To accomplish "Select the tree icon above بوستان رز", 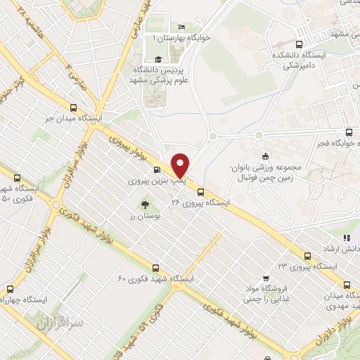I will tap(144, 205).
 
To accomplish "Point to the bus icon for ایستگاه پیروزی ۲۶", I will tap(201, 191).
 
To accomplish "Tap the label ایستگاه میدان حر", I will tap(74, 119).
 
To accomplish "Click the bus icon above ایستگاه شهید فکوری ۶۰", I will tap(155, 267).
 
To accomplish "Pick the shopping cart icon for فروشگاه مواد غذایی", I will tap(265, 278).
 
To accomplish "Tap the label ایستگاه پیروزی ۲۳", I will tap(308, 267).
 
